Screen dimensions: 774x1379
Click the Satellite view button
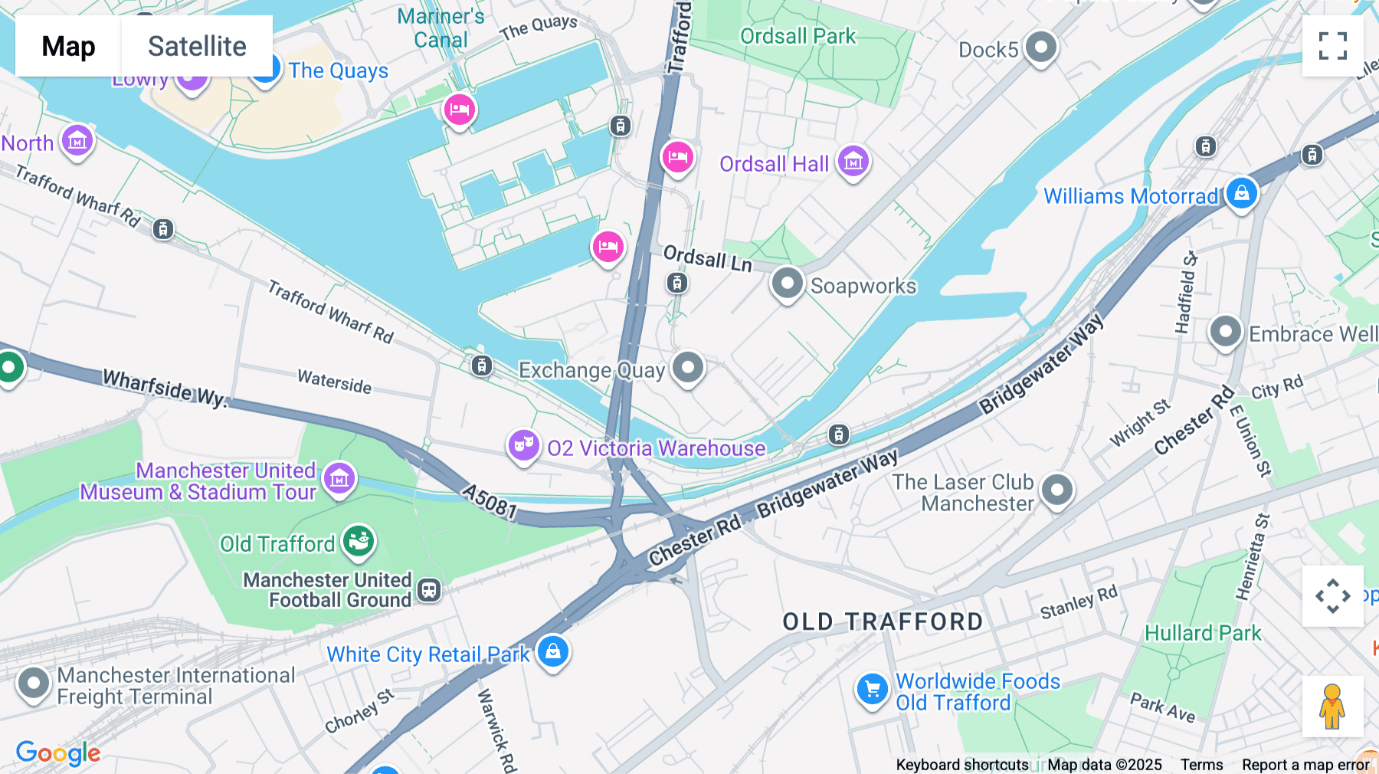(197, 46)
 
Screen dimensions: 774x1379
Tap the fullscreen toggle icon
(1332, 46)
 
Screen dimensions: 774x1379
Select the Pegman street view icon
(1332, 706)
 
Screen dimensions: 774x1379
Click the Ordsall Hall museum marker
(853, 161)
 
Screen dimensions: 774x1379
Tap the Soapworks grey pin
(787, 284)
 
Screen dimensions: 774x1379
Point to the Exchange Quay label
(591, 371)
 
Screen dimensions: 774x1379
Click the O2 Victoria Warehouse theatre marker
(524, 444)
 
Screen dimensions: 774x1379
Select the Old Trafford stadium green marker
(358, 541)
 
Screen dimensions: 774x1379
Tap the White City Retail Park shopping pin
(552, 652)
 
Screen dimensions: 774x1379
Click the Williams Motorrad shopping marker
(1241, 193)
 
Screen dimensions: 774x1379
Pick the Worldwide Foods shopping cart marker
(872, 689)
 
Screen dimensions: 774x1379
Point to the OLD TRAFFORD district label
(883, 621)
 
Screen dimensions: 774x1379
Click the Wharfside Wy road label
(165, 388)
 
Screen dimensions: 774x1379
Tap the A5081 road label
(490, 501)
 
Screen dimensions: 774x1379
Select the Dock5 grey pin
(1040, 48)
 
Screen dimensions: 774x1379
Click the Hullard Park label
(1202, 633)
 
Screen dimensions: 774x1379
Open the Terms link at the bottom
(1201, 764)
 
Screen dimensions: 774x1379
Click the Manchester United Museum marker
(339, 479)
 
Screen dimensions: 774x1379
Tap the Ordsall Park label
(798, 36)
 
